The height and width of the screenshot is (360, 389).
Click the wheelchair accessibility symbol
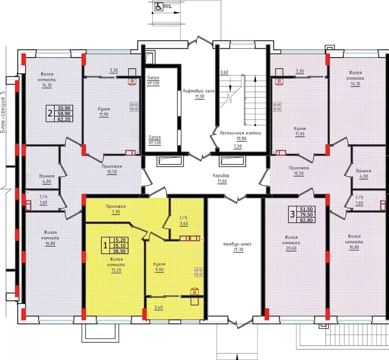pyautogui.click(x=159, y=7)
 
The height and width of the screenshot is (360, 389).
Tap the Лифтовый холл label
pyautogui.click(x=198, y=91)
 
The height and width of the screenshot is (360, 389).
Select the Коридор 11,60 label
pyautogui.click(x=221, y=179)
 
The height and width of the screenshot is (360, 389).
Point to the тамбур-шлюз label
pyautogui.click(x=237, y=244)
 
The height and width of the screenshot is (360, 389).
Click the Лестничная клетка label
pyautogui.click(x=240, y=133)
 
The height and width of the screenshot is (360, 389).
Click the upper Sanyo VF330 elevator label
pyautogui.click(x=153, y=81)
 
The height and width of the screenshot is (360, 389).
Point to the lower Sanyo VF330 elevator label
pyautogui.click(x=154, y=140)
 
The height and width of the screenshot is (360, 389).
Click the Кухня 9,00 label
pyautogui.click(x=159, y=267)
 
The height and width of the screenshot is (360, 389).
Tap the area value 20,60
pyautogui.click(x=291, y=248)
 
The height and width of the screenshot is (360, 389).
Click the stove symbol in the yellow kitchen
pyautogui.click(x=198, y=272)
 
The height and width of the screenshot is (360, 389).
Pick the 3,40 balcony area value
pyautogui.click(x=159, y=307)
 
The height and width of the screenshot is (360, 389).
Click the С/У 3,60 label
pyautogui.click(x=183, y=221)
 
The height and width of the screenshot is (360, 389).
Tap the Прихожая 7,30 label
pyautogui.click(x=115, y=209)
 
